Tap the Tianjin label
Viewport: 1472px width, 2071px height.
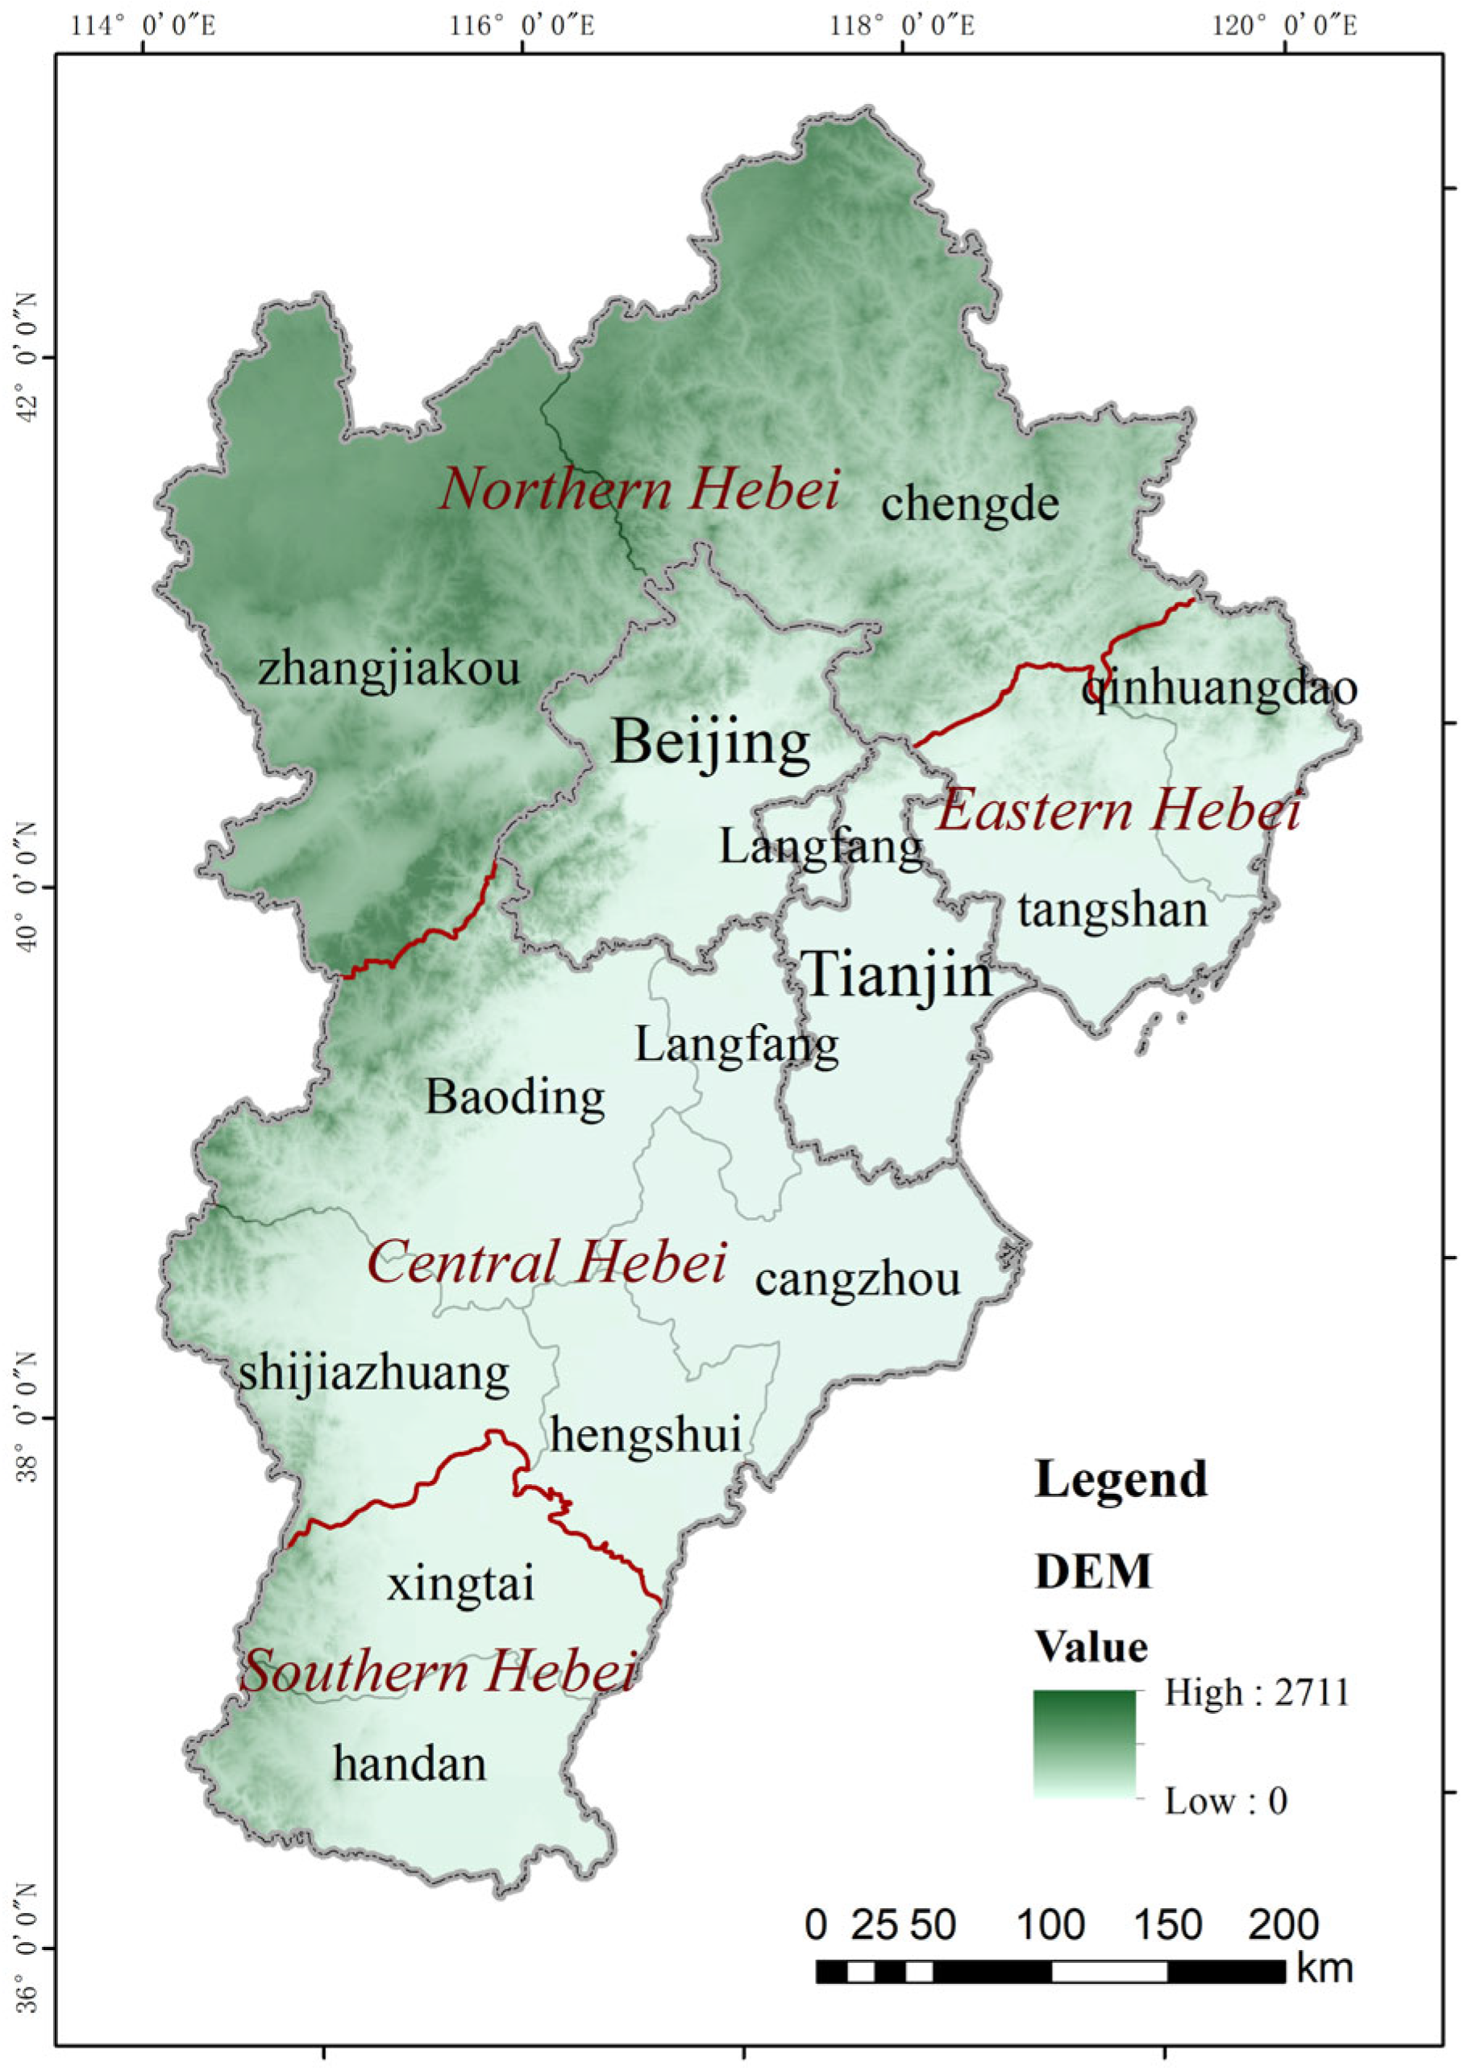click(x=898, y=977)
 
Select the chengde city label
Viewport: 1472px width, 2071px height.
click(x=970, y=504)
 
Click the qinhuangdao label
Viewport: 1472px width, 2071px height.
click(x=1219, y=688)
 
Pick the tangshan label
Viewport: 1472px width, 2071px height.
click(x=1113, y=910)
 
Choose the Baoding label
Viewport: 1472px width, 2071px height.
click(x=515, y=1099)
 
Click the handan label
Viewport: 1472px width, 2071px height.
click(x=410, y=1765)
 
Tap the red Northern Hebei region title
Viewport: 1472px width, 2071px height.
click(x=639, y=489)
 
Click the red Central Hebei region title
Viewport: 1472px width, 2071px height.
click(x=547, y=1262)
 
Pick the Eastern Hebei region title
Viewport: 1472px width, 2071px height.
click(x=1118, y=809)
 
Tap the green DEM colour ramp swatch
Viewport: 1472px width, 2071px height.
click(x=1083, y=1743)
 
